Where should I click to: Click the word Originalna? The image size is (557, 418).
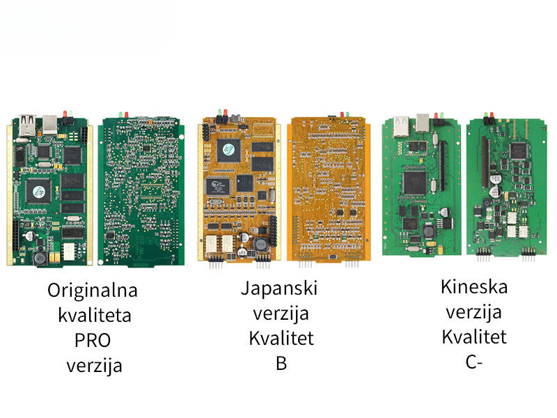click(x=93, y=290)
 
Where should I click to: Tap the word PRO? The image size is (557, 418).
click(x=93, y=340)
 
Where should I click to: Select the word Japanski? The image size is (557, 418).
click(x=278, y=288)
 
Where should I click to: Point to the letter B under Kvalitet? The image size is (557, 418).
click(x=281, y=363)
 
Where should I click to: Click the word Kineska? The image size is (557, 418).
click(x=474, y=286)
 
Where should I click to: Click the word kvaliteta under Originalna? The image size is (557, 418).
click(x=95, y=315)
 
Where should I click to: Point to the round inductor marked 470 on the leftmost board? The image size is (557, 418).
click(x=40, y=258)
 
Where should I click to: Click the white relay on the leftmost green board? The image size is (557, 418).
click(x=69, y=250)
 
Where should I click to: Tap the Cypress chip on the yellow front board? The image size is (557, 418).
click(x=218, y=186)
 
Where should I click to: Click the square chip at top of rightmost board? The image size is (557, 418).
click(x=517, y=149)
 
